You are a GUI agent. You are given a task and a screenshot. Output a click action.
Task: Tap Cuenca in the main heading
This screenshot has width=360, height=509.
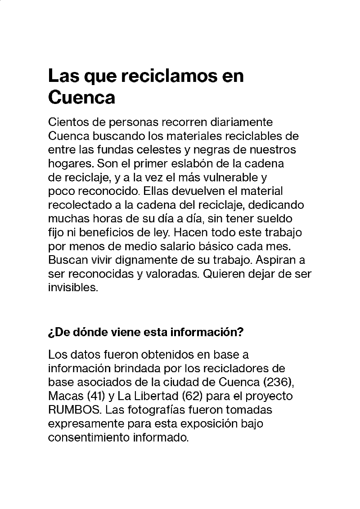81,97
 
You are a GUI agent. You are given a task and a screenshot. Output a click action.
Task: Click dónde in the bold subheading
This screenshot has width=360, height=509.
96,333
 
